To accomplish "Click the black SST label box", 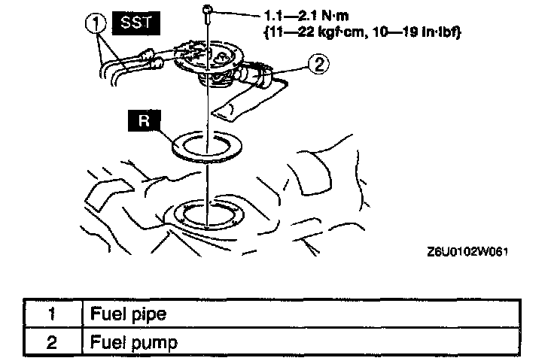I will (136, 23).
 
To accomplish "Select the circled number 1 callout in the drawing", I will (96, 25).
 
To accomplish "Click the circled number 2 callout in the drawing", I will (319, 65).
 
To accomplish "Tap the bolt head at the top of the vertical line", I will (206, 9).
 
